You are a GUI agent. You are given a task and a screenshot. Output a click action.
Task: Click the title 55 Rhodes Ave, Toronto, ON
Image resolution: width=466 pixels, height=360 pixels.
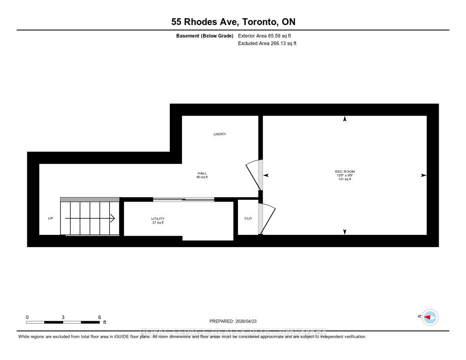(x=233, y=22)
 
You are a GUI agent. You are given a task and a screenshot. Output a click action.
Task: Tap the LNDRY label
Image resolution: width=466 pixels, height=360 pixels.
(x=220, y=134)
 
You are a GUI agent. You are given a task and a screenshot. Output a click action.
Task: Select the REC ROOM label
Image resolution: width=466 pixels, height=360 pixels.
(x=344, y=172)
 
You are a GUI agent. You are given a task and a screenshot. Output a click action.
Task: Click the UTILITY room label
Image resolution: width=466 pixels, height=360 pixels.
(x=158, y=219)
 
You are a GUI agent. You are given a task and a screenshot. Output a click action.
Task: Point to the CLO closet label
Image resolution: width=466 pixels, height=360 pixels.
(x=248, y=218)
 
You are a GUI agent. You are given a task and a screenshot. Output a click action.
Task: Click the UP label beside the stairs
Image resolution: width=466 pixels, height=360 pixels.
(x=51, y=218)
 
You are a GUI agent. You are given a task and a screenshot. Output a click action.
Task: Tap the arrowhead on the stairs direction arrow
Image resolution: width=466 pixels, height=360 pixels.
(x=112, y=218)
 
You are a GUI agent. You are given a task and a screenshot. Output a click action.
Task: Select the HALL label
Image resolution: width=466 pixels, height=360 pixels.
(x=202, y=173)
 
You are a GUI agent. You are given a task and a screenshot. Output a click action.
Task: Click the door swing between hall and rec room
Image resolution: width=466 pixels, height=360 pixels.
(x=253, y=175)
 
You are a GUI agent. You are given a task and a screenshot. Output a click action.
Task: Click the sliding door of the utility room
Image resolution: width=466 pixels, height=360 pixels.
(x=183, y=199)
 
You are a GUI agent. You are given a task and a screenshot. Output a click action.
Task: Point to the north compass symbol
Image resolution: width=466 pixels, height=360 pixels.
(x=430, y=317)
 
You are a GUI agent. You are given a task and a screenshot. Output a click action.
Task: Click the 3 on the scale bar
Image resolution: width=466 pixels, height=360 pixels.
(x=63, y=317)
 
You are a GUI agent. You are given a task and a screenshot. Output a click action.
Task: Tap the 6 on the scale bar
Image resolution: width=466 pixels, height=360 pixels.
(x=99, y=317)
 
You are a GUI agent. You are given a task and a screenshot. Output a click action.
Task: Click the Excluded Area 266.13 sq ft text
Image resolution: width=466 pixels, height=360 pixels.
(x=267, y=44)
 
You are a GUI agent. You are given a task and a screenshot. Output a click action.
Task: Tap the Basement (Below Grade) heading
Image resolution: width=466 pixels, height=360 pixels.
(x=205, y=36)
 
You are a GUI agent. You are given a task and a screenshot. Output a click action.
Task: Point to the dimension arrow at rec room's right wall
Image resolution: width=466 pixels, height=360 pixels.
(x=423, y=175)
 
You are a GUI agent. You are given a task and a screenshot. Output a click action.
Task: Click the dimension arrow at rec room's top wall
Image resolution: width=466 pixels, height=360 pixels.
(x=344, y=119)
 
